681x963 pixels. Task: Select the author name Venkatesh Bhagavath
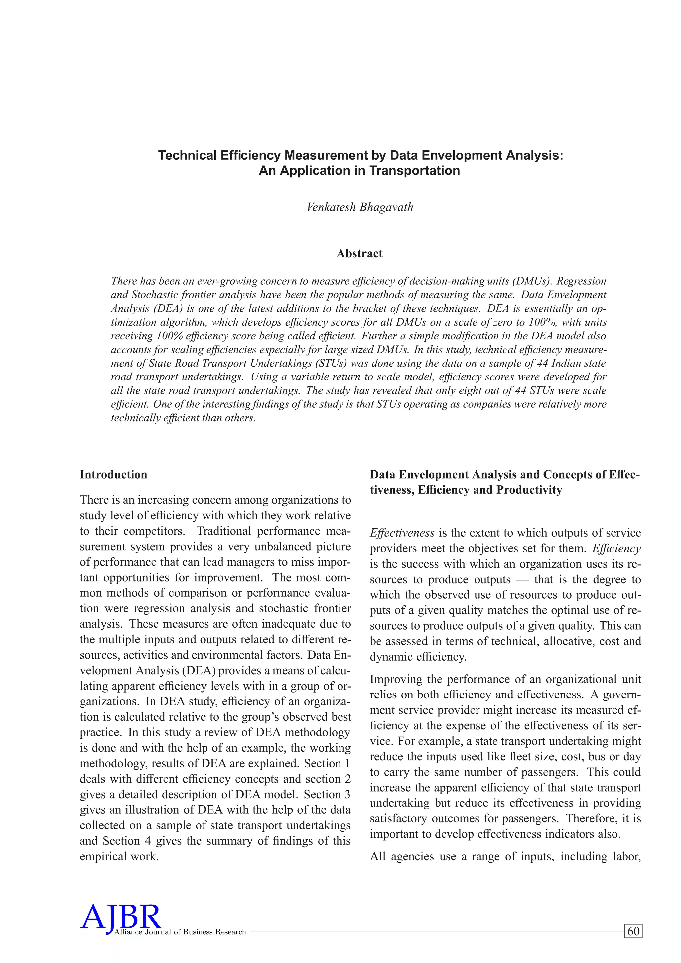click(359, 207)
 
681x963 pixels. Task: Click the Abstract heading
click(359, 253)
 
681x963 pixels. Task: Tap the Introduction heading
click(113, 475)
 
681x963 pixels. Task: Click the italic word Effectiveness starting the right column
click(402, 533)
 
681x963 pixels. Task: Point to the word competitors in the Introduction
click(154, 531)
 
